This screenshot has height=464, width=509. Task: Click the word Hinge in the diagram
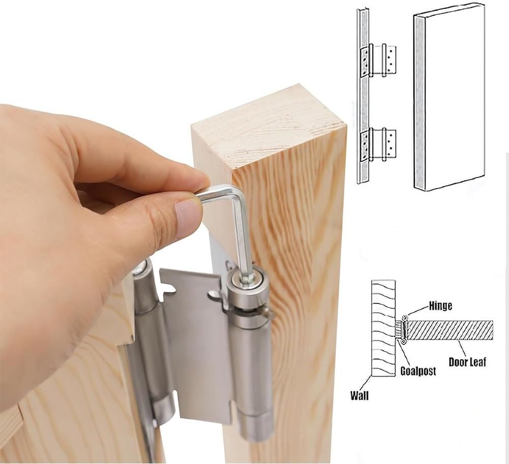click(440, 306)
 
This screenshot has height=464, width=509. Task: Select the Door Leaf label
click(467, 362)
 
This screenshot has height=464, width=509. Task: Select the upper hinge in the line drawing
click(379, 59)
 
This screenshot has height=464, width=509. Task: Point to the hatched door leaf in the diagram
click(450, 330)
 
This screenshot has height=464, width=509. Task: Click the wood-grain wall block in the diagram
click(383, 328)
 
